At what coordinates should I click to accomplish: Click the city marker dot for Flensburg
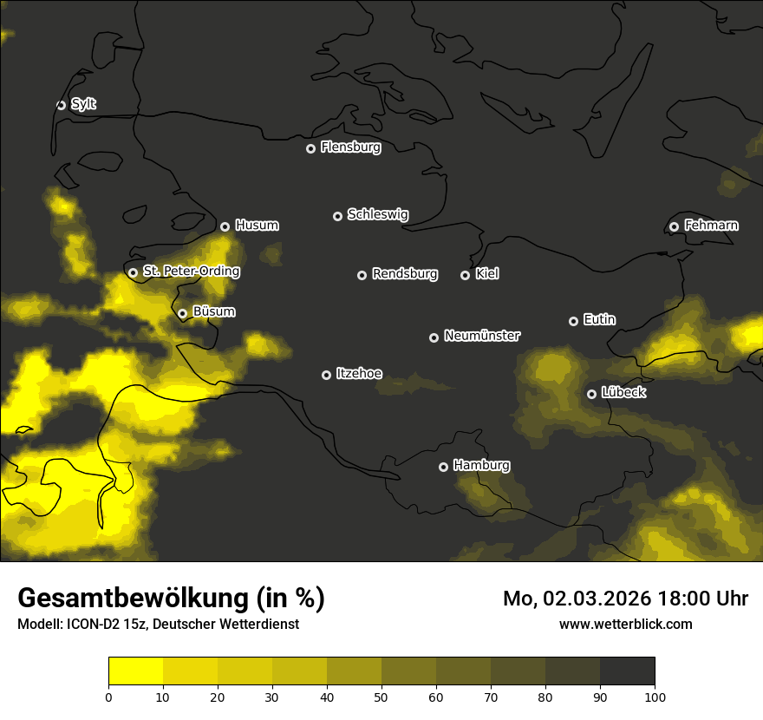click(310, 148)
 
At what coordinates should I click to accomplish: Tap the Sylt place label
click(83, 104)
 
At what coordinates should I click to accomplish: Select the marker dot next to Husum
click(225, 226)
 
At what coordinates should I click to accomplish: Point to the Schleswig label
click(377, 214)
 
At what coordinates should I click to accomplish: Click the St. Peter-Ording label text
click(191, 272)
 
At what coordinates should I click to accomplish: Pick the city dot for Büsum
click(182, 313)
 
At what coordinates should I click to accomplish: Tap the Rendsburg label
click(404, 274)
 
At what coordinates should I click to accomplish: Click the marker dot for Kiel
click(465, 275)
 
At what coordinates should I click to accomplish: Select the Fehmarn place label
click(711, 226)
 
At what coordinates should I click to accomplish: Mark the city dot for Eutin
click(573, 321)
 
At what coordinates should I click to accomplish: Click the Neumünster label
click(481, 336)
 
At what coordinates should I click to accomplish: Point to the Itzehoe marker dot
click(326, 375)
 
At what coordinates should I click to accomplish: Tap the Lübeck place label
click(623, 393)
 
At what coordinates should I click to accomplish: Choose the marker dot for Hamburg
click(443, 467)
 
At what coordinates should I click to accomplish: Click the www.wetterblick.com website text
click(625, 624)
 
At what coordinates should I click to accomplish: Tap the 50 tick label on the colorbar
click(381, 696)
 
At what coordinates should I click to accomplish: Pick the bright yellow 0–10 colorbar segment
click(135, 671)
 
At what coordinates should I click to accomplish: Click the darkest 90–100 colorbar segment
click(627, 671)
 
